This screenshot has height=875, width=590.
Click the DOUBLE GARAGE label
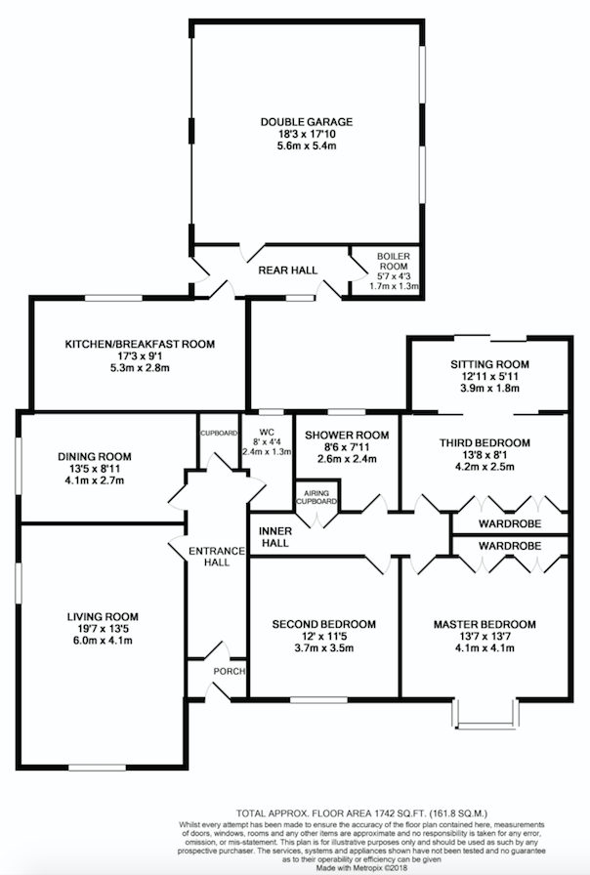pos(307,122)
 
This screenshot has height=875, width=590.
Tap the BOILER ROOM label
pos(393,261)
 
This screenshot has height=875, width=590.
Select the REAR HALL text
pos(287,271)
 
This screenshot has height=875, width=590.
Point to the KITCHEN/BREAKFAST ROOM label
pos(140,344)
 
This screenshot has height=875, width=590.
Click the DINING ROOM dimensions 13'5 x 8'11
pos(95,469)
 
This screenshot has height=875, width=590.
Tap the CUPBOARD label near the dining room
pos(220,433)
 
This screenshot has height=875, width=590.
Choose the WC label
pos(267,432)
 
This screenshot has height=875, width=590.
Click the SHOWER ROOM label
pos(347,436)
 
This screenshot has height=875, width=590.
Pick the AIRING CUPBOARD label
pos(316,497)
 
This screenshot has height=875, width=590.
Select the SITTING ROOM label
pos(490,364)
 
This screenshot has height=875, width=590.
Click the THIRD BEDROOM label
pos(485,443)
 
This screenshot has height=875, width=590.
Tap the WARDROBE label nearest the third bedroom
pos(510,524)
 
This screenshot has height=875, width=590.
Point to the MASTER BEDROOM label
pos(485,624)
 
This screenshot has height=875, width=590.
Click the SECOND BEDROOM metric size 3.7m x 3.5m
pos(323,648)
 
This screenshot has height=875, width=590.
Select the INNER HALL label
pos(275,537)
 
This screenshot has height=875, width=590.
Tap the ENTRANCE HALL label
pos(217,557)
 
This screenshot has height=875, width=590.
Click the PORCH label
pos(230,671)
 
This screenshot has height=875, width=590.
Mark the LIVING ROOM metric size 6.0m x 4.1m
pos(103,641)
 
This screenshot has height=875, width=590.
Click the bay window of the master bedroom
pos(485,713)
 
